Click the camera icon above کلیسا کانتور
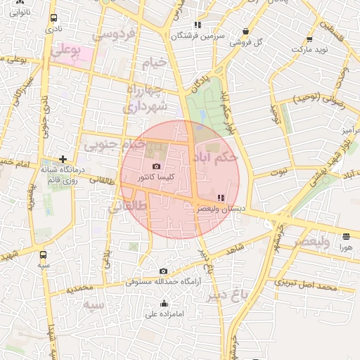(x=155, y=167)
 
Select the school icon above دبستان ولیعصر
(x=221, y=198)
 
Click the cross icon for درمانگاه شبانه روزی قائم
(x=63, y=160)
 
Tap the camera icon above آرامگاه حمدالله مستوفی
(x=163, y=271)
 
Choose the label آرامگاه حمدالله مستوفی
(x=163, y=281)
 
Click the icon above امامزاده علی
(x=164, y=304)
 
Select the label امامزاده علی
(x=164, y=314)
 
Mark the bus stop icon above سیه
(x=44, y=255)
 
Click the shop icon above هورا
(x=346, y=236)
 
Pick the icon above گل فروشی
(x=245, y=31)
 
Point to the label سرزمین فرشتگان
(x=198, y=34)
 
